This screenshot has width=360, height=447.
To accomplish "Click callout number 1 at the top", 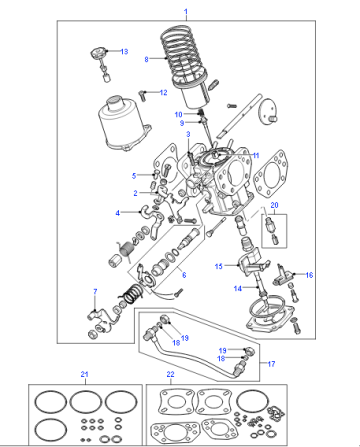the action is [x=186, y=12].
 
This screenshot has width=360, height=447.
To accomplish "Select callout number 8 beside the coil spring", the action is [x=146, y=59].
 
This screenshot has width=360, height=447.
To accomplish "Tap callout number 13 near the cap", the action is [x=124, y=51].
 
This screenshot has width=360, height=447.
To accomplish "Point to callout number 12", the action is [x=163, y=92].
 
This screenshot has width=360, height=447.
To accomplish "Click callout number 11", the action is [x=256, y=155].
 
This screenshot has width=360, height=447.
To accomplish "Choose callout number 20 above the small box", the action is [x=274, y=205].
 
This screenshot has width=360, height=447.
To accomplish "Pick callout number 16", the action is [x=309, y=275].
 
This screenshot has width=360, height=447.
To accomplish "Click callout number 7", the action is [x=95, y=291].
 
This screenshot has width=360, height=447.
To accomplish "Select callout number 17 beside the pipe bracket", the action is [x=271, y=364].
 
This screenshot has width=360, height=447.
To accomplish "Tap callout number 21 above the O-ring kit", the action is [x=84, y=374].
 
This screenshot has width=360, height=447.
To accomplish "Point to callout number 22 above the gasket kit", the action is [x=170, y=374].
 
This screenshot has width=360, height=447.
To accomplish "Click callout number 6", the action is [x=184, y=275].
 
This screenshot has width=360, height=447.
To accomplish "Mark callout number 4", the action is [x=117, y=213].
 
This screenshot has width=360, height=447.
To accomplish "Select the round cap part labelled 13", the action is [x=98, y=52].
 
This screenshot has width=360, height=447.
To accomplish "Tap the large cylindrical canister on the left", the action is [x=123, y=123].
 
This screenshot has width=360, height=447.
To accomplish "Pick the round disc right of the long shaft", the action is [x=268, y=111].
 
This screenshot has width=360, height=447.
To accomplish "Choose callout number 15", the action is [x=218, y=266].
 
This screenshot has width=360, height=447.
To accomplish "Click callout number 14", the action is [x=237, y=288].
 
